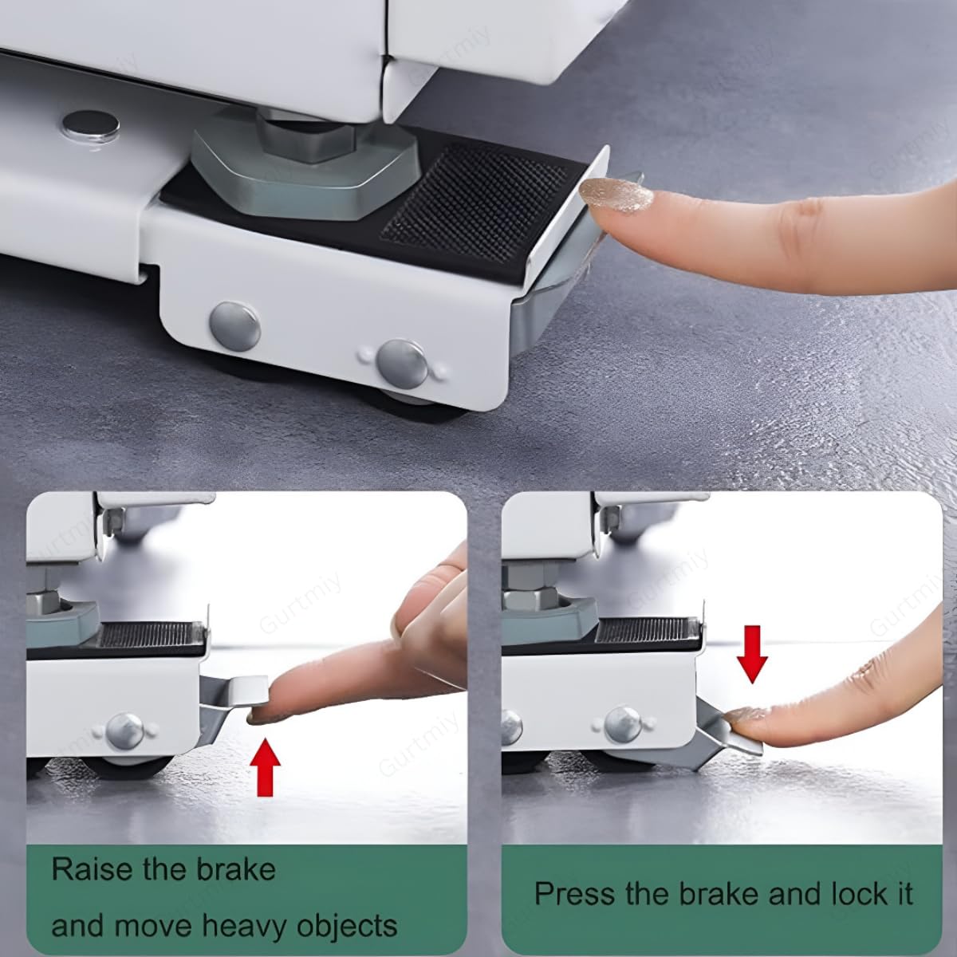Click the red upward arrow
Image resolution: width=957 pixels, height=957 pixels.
266,768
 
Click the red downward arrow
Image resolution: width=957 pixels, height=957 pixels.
752,654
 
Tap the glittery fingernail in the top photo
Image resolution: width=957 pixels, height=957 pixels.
616,195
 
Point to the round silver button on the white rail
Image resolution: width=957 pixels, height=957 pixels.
91,127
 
